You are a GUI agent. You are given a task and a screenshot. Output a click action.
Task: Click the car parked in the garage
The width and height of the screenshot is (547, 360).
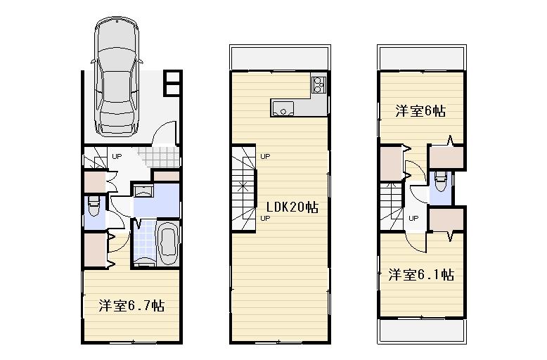pos(117,77)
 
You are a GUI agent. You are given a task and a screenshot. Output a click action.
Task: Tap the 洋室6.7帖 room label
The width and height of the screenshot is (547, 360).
pos(131,306)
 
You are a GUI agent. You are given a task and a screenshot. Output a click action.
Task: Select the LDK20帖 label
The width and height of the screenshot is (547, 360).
pos(292,207)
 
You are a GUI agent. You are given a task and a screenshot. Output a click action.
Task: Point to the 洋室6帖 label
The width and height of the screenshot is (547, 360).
pos(420,111)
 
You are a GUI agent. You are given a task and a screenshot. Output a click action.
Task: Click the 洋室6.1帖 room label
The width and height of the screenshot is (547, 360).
pos(421,274)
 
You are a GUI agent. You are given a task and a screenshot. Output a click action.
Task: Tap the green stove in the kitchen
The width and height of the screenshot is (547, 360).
pos(317,85)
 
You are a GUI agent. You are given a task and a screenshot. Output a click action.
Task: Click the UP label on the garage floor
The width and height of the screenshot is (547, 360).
pos(117,156)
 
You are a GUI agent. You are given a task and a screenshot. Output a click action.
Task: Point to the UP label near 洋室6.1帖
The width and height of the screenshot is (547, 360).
pos(413,218)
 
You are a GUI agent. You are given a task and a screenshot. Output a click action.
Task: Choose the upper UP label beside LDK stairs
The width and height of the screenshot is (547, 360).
pos(265,156)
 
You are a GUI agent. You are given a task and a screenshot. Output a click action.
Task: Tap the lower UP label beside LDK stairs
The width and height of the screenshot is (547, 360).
pos(265,218)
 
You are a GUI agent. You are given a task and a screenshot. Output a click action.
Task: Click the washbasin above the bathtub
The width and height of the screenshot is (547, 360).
pos(143,191)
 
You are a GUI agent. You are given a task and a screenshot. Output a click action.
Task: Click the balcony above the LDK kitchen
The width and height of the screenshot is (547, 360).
pos(280,58)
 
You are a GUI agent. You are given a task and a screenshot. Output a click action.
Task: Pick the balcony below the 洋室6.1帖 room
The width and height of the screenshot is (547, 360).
pos(421,331)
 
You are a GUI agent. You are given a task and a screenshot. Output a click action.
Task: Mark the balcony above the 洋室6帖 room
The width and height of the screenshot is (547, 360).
pos(421,57)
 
